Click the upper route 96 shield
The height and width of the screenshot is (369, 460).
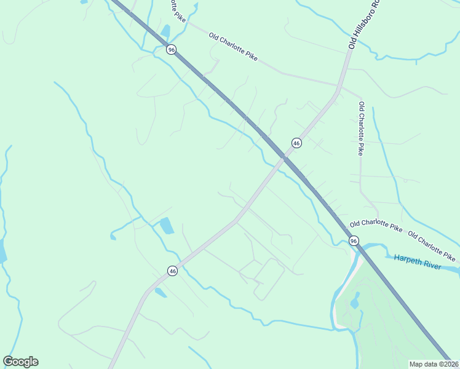tap(172, 49)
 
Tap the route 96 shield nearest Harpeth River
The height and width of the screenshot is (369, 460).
tap(353, 240)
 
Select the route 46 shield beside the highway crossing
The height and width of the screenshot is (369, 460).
tap(296, 143)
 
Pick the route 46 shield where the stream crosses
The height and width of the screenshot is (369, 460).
tap(172, 271)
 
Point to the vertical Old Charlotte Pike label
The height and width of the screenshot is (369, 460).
tap(362, 129)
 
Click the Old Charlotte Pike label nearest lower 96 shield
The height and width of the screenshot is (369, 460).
tap(376, 227)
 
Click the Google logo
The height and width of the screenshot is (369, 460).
tap(20, 362)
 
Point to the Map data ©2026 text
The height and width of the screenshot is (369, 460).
tap(434, 364)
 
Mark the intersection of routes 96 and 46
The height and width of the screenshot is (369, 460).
tap(284, 157)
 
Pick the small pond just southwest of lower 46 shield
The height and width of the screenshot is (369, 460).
tap(160, 293)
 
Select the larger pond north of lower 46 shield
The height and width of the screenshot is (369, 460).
tap(167, 226)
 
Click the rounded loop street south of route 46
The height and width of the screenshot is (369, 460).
tap(269, 279)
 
